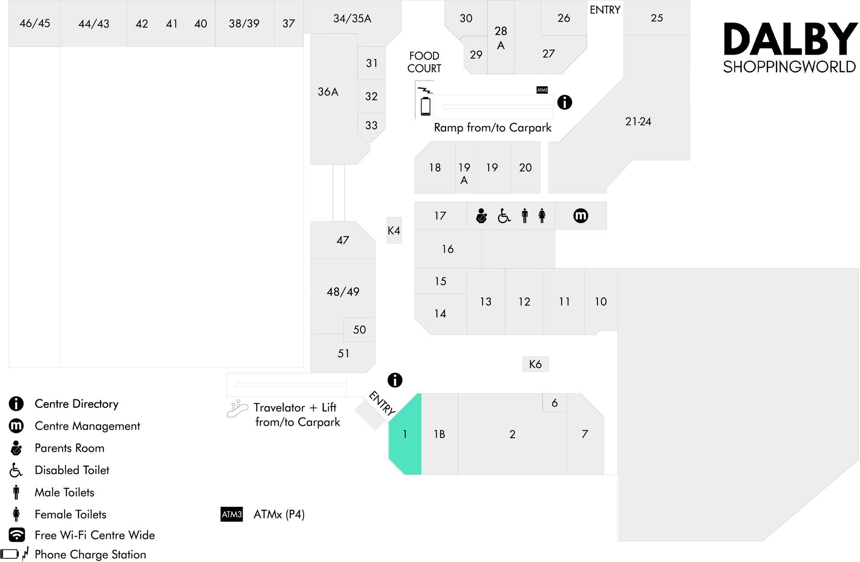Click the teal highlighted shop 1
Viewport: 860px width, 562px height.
point(405,434)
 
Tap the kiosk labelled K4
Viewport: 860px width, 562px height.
point(394,230)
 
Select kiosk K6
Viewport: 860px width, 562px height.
point(535,364)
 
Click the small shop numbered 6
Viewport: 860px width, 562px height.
point(555,403)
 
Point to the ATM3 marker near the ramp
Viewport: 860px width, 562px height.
point(542,90)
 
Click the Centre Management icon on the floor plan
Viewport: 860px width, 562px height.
point(580,216)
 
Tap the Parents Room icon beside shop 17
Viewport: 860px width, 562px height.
point(482,216)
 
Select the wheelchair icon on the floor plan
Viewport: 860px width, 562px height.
point(504,216)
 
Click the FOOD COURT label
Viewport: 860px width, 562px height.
point(424,62)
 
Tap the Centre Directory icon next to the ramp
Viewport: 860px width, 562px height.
point(564,102)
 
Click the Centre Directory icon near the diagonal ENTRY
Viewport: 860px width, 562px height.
point(395,380)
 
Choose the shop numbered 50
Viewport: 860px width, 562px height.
point(359,329)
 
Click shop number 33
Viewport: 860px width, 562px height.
point(371,125)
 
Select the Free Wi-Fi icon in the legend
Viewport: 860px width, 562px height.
point(17,535)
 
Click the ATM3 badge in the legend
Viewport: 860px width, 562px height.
point(232,514)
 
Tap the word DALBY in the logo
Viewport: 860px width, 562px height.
point(790,39)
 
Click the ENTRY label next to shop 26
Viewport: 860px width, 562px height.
point(605,10)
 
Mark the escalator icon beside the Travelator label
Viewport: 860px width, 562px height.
point(237,409)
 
